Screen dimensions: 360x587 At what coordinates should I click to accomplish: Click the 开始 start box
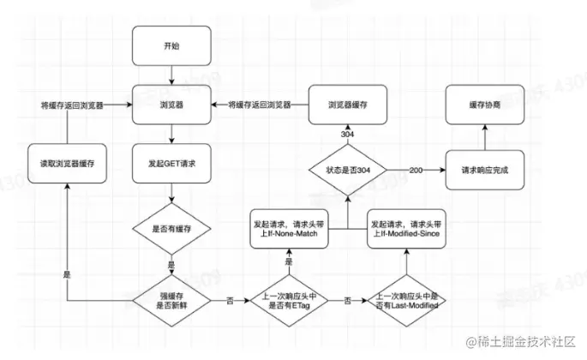click(172, 46)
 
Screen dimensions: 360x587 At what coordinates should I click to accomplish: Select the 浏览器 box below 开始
click(172, 105)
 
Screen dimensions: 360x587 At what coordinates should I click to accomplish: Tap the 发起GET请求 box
click(172, 163)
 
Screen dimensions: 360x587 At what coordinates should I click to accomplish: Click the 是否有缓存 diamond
click(172, 229)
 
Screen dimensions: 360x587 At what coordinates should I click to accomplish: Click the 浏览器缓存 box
click(346, 105)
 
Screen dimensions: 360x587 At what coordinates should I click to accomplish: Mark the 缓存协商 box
click(483, 105)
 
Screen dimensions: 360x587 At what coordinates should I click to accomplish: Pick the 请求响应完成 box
click(483, 170)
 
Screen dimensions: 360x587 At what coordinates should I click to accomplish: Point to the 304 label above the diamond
click(346, 135)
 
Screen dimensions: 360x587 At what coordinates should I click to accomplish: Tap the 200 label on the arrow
click(417, 170)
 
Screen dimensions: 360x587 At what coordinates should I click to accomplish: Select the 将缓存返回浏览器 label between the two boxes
click(259, 105)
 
